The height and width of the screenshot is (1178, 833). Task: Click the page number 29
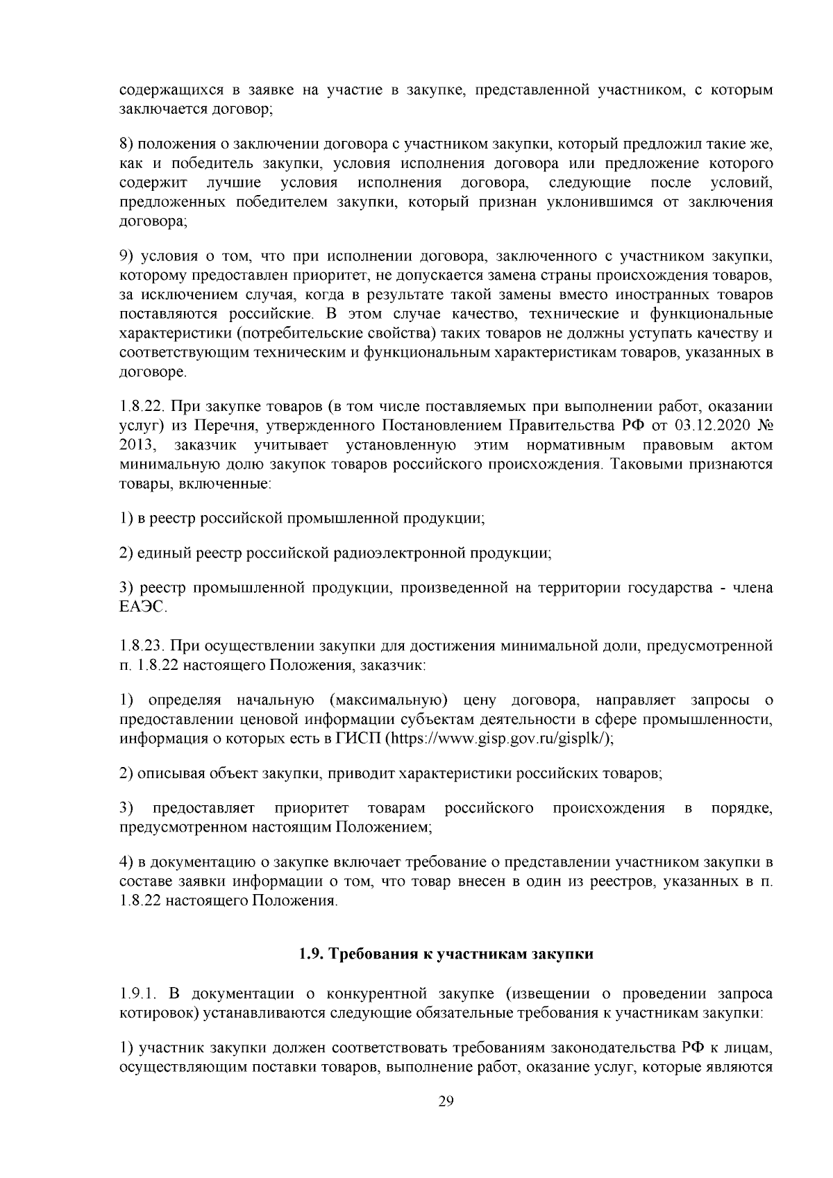[x=446, y=1102]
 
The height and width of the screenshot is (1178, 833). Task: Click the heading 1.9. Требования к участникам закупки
[x=446, y=954]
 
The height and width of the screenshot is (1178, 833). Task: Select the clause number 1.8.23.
[x=142, y=646]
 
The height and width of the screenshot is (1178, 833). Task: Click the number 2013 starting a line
[x=136, y=444]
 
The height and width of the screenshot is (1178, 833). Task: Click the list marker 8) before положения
[x=126, y=144]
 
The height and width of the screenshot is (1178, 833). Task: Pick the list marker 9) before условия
[x=126, y=257]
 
